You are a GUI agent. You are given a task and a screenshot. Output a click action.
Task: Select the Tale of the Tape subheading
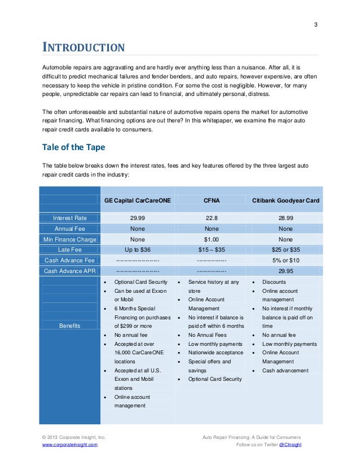click(x=74, y=147)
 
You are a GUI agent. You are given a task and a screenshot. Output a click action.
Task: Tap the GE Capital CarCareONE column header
click(x=138, y=200)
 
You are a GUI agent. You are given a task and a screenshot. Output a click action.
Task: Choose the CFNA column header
click(x=212, y=200)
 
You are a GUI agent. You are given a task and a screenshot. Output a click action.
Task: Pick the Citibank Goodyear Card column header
click(x=286, y=200)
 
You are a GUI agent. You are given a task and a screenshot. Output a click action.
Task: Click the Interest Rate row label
click(x=70, y=218)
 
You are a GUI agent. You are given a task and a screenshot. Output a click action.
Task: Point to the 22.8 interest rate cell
click(x=212, y=218)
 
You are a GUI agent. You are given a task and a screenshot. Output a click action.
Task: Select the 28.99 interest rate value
click(x=286, y=218)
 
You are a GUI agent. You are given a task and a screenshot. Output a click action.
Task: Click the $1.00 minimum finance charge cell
click(x=212, y=239)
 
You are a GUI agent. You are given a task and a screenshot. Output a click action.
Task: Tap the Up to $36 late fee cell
click(x=138, y=249)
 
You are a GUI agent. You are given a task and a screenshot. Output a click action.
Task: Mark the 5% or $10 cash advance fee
click(x=286, y=260)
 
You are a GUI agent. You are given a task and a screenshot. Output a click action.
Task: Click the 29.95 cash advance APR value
click(x=286, y=271)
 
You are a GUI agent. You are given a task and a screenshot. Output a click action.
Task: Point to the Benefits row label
click(x=70, y=326)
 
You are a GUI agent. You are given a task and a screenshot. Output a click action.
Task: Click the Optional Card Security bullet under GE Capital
click(x=141, y=282)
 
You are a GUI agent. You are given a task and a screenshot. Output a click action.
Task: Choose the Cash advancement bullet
click(x=286, y=370)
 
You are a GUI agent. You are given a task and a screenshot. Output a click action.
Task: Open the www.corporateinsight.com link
click(x=70, y=445)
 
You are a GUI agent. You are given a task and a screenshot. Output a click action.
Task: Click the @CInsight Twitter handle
click(x=291, y=445)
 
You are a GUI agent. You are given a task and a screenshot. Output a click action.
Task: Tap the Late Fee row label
click(x=70, y=249)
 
